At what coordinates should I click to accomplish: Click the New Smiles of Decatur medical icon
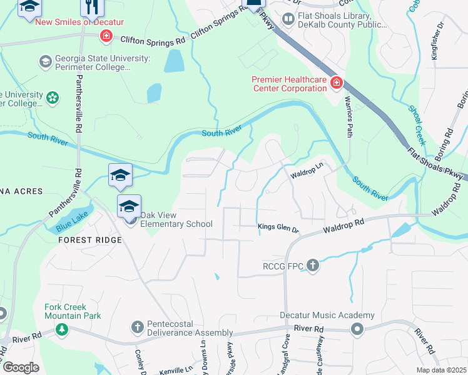[106, 36]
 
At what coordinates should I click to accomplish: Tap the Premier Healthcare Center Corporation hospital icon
[337, 82]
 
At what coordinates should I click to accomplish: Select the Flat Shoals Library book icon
[288, 20]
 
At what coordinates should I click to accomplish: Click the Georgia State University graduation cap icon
[45, 61]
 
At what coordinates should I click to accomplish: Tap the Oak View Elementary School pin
[129, 206]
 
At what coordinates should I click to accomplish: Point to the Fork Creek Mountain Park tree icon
[61, 329]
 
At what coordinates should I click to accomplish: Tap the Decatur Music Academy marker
[357, 329]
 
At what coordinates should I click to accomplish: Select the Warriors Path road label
[348, 112]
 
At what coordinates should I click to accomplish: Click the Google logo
[21, 367]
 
